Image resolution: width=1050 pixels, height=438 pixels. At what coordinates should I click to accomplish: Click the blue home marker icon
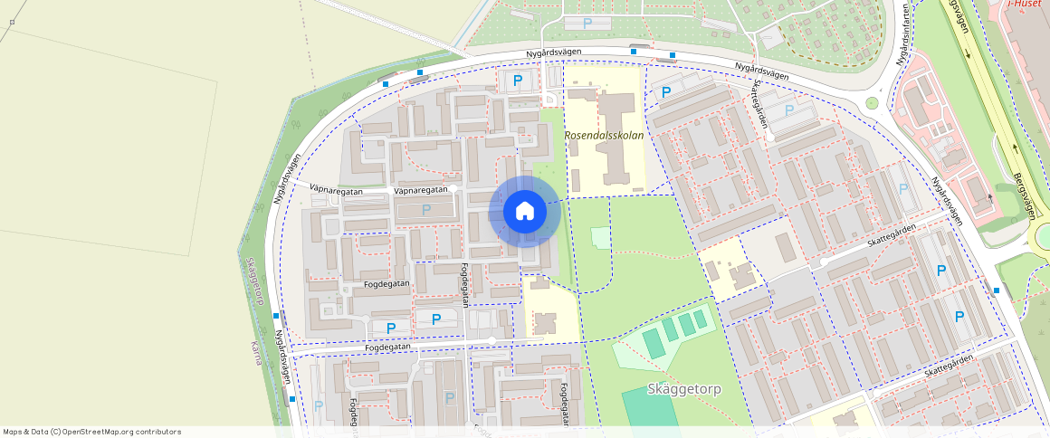pyautogui.click(x=524, y=212)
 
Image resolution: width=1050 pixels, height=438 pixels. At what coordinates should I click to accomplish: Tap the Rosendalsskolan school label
pyautogui.click(x=604, y=135)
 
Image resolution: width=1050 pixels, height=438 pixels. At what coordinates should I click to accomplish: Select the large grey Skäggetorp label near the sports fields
pyautogui.click(x=683, y=389)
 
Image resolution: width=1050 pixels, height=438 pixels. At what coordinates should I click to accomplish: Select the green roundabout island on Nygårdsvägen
pyautogui.click(x=872, y=103)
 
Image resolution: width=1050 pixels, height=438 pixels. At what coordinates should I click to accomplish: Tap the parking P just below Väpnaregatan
pyautogui.click(x=426, y=210)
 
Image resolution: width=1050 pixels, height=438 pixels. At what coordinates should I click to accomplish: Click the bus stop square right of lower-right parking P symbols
pyautogui.click(x=997, y=290)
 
